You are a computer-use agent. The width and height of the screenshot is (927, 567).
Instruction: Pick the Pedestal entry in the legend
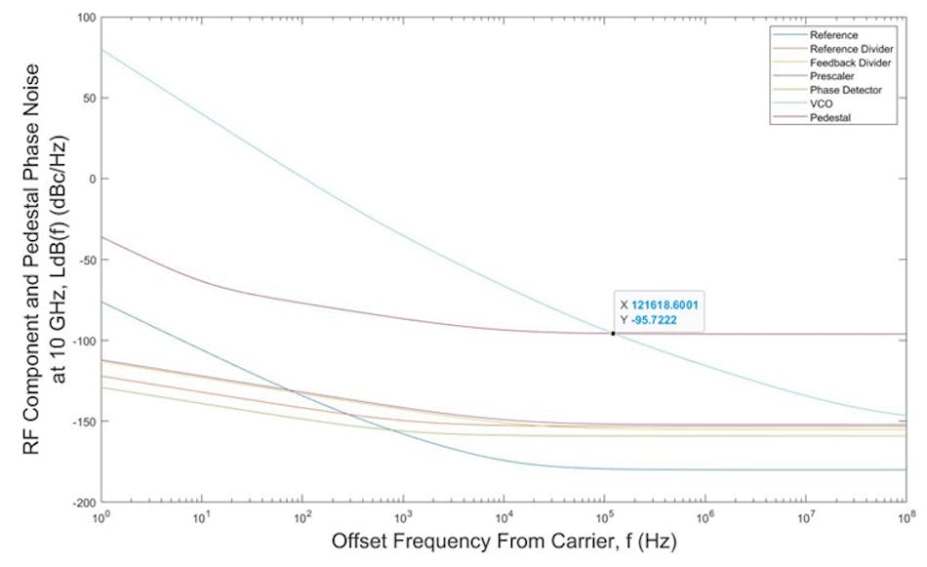[x=827, y=117]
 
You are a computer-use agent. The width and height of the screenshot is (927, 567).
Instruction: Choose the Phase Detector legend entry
[x=837, y=90]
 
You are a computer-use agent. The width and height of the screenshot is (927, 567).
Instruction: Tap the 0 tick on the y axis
[x=91, y=180]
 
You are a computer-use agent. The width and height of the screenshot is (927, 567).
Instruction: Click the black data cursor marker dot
[x=613, y=334]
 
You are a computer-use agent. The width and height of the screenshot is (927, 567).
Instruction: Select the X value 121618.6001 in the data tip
[x=664, y=304]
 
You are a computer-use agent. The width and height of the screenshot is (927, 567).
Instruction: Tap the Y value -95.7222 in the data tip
[x=654, y=318]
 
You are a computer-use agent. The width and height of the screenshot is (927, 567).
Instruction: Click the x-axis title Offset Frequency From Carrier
[x=503, y=542]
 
